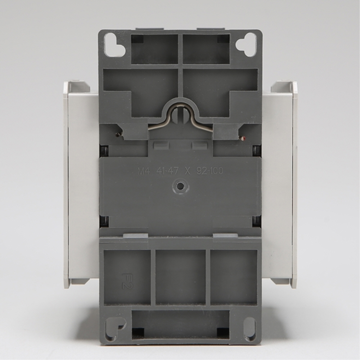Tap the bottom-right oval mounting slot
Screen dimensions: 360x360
[x=249, y=329]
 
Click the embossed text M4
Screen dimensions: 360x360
[x=144, y=171]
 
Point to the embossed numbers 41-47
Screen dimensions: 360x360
[x=167, y=171]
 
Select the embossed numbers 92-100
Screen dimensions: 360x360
[x=210, y=171]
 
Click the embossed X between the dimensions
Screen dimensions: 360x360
[x=187, y=171]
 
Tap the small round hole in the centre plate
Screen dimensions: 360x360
[x=181, y=186]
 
